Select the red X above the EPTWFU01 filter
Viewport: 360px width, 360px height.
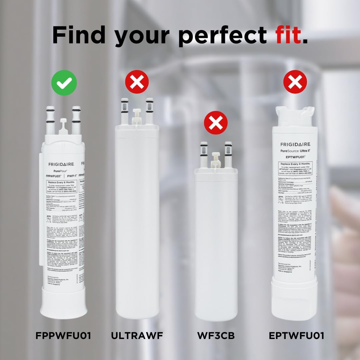click(295, 82)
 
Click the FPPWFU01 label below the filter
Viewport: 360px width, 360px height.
click(63, 335)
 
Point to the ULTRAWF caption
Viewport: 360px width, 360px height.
click(137, 335)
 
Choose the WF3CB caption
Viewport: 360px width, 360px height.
click(216, 335)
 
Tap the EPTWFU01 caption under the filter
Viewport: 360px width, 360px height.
click(296, 335)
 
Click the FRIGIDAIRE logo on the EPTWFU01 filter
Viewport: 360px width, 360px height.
click(295, 144)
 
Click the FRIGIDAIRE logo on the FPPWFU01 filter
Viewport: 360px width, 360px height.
click(61, 164)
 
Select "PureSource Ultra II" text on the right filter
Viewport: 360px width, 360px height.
click(295, 150)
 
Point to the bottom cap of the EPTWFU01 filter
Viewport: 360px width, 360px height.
click(295, 302)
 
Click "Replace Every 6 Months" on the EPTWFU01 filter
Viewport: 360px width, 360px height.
click(295, 164)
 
